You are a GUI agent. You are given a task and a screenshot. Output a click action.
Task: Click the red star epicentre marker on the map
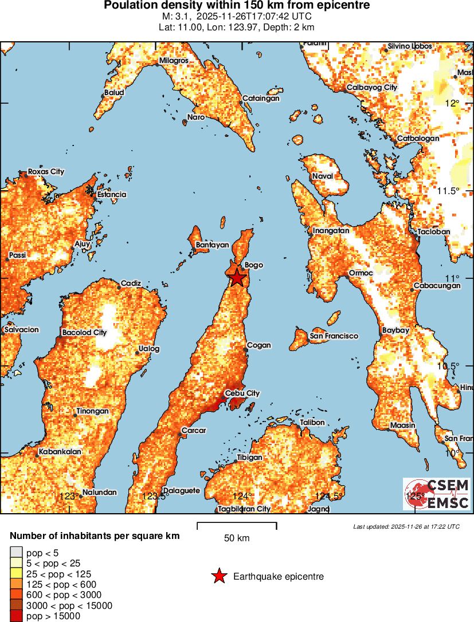click(237, 278)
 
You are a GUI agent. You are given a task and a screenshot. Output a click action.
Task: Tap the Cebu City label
click(242, 393)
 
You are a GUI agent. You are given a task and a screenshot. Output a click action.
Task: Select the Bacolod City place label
click(84, 332)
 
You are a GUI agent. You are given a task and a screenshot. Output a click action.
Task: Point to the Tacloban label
click(434, 231)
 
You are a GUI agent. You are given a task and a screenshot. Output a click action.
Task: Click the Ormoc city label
click(361, 273)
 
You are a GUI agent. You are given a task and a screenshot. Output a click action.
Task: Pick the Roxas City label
click(46, 172)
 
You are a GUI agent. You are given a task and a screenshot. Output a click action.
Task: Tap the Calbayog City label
click(372, 88)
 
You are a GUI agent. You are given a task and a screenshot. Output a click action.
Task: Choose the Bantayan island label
click(212, 245)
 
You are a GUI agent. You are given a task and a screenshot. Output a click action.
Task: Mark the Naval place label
click(322, 176)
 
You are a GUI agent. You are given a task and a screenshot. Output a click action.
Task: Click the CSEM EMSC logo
click(437, 494)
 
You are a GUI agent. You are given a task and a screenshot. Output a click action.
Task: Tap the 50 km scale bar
click(237, 526)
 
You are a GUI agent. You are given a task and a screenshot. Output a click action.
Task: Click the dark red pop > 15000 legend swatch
click(16, 616)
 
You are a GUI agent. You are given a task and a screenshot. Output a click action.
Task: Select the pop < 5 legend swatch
click(16, 553)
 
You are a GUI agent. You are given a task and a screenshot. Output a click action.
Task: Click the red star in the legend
click(219, 576)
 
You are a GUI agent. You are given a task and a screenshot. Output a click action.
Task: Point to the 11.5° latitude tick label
click(448, 191)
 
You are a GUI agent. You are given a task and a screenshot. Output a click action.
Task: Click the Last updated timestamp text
click(406, 526)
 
